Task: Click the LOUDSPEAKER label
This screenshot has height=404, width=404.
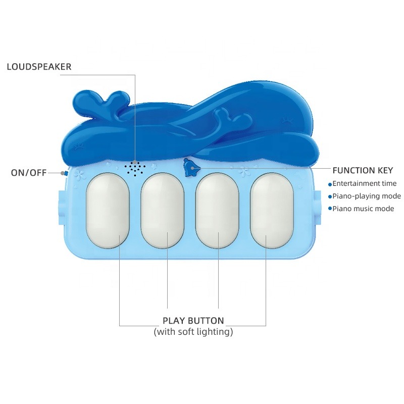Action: pyautogui.click(x=39, y=67)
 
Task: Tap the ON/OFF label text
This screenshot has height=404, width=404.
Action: pyautogui.click(x=29, y=173)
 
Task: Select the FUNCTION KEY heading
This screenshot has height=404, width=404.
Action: pyautogui.click(x=363, y=171)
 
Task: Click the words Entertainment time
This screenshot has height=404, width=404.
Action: pyautogui.click(x=364, y=184)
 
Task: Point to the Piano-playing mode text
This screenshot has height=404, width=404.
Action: pyautogui.click(x=367, y=196)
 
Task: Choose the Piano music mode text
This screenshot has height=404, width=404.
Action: pyautogui.click(x=363, y=209)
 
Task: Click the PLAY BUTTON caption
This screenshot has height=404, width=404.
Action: pyautogui.click(x=193, y=321)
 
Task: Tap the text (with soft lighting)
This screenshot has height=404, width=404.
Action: pyautogui.click(x=193, y=332)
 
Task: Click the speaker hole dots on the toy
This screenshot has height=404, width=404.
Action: pyautogui.click(x=135, y=168)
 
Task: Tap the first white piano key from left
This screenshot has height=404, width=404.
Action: pyautogui.click(x=108, y=210)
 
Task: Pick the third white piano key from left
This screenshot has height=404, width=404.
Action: pyautogui.click(x=217, y=210)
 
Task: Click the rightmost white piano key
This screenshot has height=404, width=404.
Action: pyautogui.click(x=272, y=210)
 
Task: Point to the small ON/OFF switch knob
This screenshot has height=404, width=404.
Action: pyautogui.click(x=64, y=173)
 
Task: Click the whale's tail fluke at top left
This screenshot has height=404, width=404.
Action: pyautogui.click(x=98, y=104)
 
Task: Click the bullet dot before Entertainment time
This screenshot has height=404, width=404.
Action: pyautogui.click(x=330, y=184)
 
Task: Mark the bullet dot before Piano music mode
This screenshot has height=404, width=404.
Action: pyautogui.click(x=330, y=209)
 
